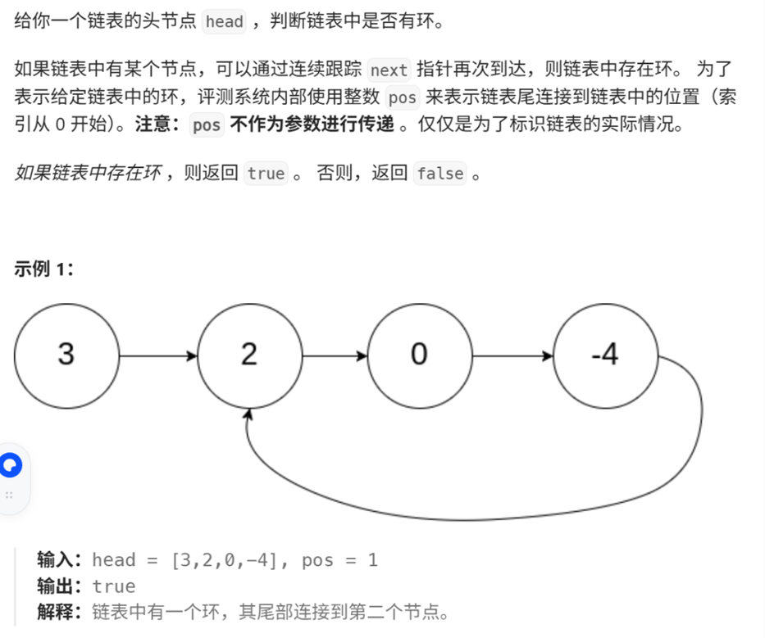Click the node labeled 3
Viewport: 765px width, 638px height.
pos(66,355)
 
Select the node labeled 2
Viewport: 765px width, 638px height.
pos(249,355)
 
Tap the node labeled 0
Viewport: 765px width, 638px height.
pos(419,355)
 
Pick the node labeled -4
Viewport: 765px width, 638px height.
pos(605,355)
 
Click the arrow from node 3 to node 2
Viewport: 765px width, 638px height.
pos(157,355)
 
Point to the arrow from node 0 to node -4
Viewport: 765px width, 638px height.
pos(512,355)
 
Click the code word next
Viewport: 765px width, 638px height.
pos(389,70)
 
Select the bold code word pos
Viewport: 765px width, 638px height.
pos(207,126)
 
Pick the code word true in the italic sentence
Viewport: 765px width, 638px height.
pos(266,174)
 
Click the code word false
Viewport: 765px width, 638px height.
pos(440,174)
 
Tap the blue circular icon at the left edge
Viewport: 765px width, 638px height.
pos(10,466)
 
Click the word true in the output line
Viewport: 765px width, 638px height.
pos(113,586)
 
